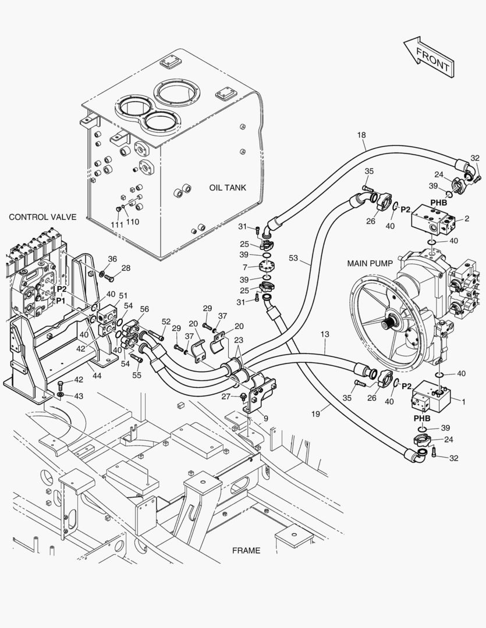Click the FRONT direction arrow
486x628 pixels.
tap(429, 57)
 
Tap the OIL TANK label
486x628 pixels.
tap(228, 187)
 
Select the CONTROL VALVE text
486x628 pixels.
tap(42, 217)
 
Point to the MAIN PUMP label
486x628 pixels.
tap(370, 263)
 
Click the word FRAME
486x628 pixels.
tap(246, 551)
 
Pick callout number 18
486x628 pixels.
tap(361, 135)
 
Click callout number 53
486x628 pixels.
tap(293, 258)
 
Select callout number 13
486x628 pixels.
tap(325, 334)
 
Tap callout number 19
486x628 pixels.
tap(315, 414)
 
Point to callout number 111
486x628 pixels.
tap(117, 224)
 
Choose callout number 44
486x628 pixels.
tap(97, 376)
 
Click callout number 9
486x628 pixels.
tap(266, 419)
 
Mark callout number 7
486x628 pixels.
tap(245, 267)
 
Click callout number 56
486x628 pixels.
tap(144, 309)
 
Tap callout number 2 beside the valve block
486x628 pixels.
tap(467, 219)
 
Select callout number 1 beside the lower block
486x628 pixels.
tap(464, 402)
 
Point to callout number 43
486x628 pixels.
tap(79, 396)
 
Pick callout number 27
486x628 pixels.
tap(226, 397)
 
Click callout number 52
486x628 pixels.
tap(166, 322)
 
